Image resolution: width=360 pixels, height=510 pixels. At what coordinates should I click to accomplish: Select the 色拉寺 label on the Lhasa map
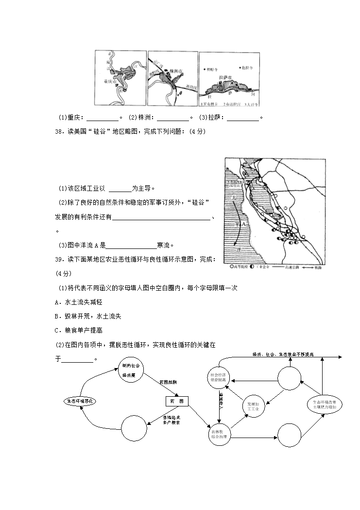point(246,68)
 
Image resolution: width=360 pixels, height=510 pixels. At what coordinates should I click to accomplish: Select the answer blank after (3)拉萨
point(243,118)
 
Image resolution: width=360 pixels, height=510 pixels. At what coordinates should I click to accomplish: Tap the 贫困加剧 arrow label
point(169,383)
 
